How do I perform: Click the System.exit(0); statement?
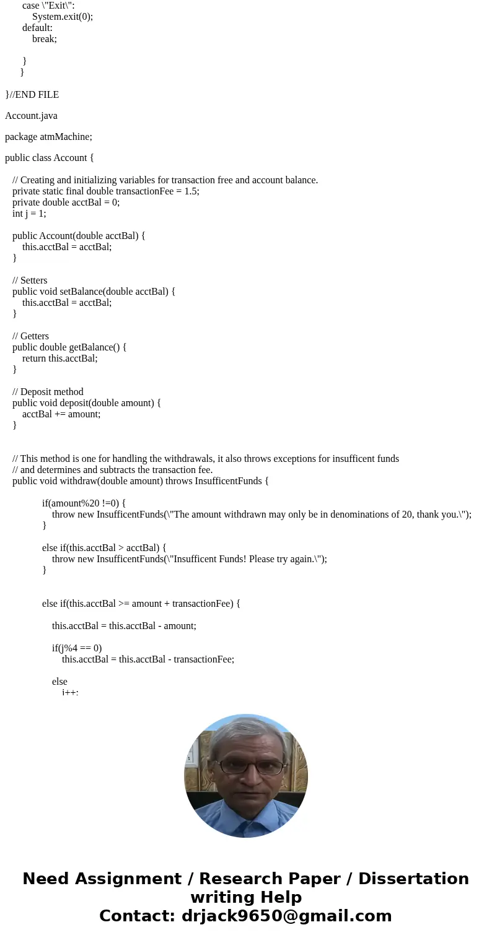[x=63, y=17]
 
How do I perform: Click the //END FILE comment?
[x=34, y=95]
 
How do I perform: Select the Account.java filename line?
[x=31, y=116]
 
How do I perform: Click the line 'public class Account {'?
[x=50, y=158]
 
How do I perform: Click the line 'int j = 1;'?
[x=29, y=214]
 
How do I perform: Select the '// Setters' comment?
[x=30, y=280]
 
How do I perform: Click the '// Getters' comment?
[x=30, y=336]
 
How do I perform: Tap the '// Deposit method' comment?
[x=48, y=392]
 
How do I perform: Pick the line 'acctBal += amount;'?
[x=61, y=414]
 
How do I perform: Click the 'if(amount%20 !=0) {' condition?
[x=84, y=503]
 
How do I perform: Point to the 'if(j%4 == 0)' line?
[x=77, y=648]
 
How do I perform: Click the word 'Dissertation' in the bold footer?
[x=413, y=879]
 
